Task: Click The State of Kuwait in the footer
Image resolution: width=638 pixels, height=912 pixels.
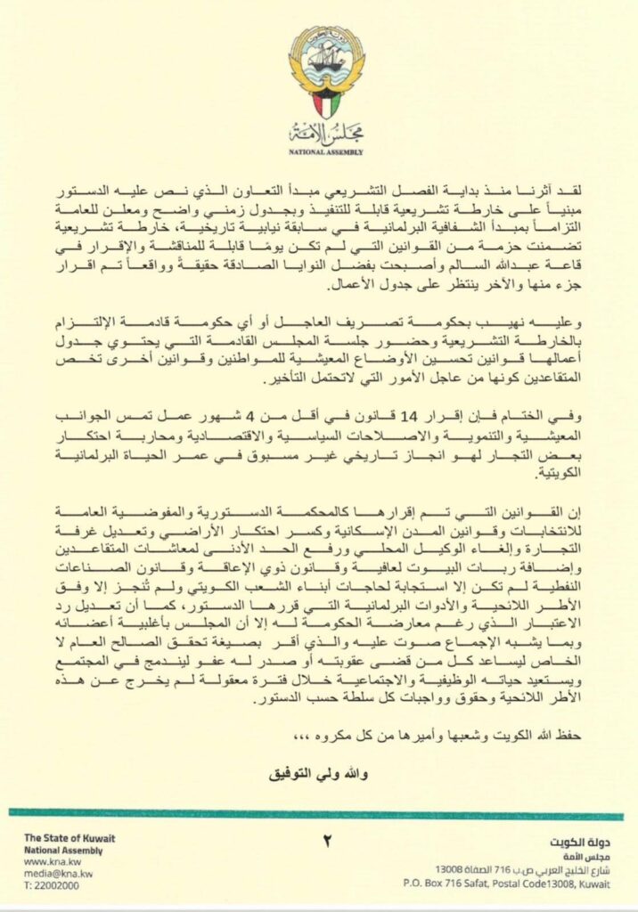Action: (70, 838)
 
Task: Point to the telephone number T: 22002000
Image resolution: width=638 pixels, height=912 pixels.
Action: (51, 887)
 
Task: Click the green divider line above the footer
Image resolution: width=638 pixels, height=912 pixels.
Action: (319, 812)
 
